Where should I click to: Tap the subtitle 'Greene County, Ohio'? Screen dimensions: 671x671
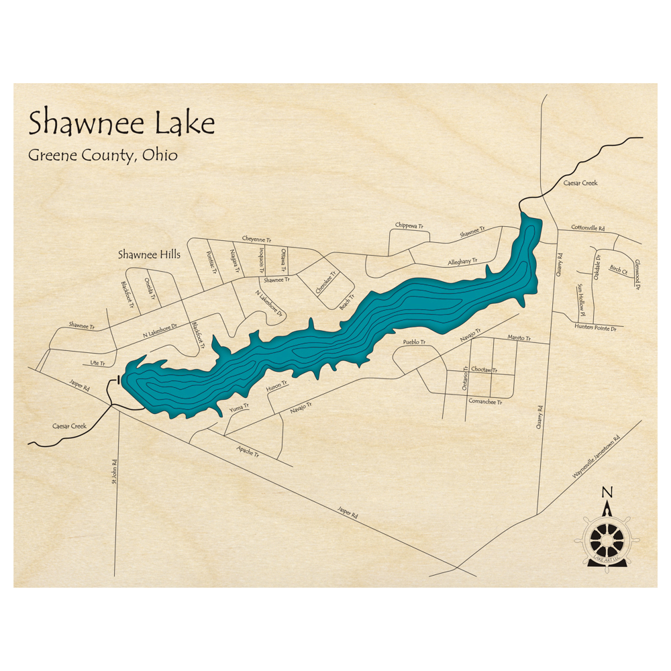pyautogui.click(x=103, y=155)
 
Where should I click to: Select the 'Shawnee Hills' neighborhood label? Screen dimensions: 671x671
pyautogui.click(x=149, y=255)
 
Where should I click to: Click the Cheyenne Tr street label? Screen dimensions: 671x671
pyautogui.click(x=256, y=240)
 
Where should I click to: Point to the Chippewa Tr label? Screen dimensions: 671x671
pyautogui.click(x=409, y=226)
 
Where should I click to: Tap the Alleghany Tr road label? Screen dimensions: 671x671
pyautogui.click(x=462, y=262)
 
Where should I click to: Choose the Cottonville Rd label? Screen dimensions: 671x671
pyautogui.click(x=588, y=228)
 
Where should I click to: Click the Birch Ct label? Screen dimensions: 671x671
pyautogui.click(x=618, y=270)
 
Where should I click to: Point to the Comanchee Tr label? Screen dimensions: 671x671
pyautogui.click(x=485, y=401)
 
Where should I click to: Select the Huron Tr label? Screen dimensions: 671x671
pyautogui.click(x=276, y=386)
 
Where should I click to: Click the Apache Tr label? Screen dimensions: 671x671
pyautogui.click(x=248, y=452)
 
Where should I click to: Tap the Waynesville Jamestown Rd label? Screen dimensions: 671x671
pyautogui.click(x=597, y=457)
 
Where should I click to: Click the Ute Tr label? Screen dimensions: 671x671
pyautogui.click(x=98, y=363)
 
